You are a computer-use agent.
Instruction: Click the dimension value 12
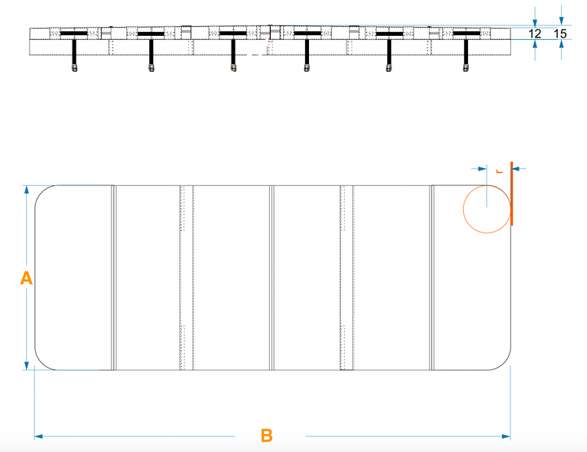[x=535, y=34]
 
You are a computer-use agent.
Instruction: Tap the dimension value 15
[x=560, y=34]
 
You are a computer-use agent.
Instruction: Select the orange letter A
[x=26, y=278]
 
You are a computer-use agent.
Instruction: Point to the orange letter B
[x=267, y=436]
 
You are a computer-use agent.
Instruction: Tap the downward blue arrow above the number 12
[x=535, y=19]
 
